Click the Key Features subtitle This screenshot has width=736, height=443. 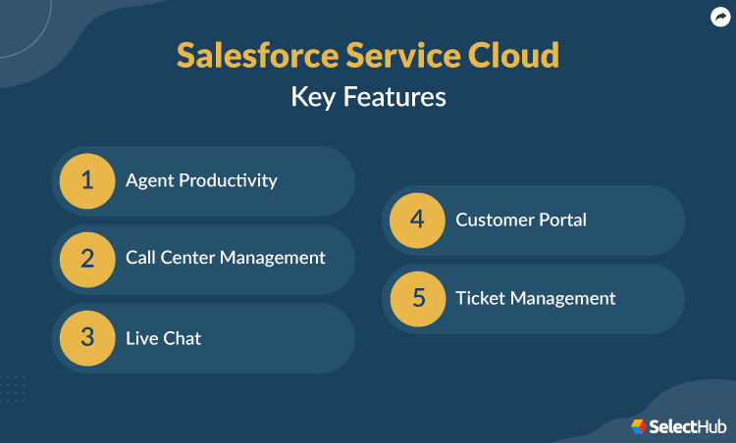coord(368,97)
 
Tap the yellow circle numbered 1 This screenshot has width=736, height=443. coord(87,180)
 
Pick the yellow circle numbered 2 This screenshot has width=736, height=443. coord(87,259)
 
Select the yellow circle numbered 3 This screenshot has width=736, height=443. coord(87,337)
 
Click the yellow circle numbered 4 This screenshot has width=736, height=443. coord(417,220)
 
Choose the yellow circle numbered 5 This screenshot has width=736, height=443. coord(417,298)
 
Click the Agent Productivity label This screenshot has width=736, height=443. coord(201,180)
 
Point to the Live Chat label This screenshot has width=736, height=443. coord(163,338)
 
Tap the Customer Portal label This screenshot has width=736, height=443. coord(520,220)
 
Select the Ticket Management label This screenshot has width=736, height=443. coord(535,298)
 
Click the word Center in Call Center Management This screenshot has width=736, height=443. coord(188,258)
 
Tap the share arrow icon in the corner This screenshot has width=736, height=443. coord(718,17)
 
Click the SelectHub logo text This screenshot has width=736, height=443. coord(688,426)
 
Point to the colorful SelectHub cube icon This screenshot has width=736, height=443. coord(639,426)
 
